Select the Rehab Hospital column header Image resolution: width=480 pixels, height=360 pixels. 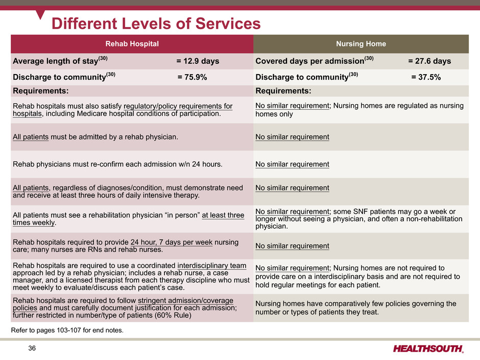pyautogui.click(x=132, y=44)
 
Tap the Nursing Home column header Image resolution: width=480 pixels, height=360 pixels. pyautogui.click(x=361, y=44)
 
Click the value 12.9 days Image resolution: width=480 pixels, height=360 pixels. pyautogui.click(x=198, y=61)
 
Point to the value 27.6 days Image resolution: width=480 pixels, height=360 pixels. pyautogui.click(x=429, y=61)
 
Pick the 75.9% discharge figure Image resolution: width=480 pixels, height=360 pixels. pyautogui.click(x=192, y=77)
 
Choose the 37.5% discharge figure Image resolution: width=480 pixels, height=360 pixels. pyautogui.click(x=426, y=77)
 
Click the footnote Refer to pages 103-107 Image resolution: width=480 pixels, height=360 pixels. pyautogui.click(x=67, y=330)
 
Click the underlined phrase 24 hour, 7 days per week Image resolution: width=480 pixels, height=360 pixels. pyautogui.click(x=172, y=242)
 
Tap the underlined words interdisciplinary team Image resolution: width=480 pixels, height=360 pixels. pyautogui.click(x=212, y=266)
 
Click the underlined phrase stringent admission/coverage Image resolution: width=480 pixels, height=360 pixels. pyautogui.click(x=185, y=300)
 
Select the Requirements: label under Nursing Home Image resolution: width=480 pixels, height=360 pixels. pyautogui.click(x=283, y=91)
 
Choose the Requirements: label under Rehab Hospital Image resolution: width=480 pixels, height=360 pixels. pyautogui.click(x=40, y=91)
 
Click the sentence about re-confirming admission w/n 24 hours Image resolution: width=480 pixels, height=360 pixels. pyautogui.click(x=117, y=164)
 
